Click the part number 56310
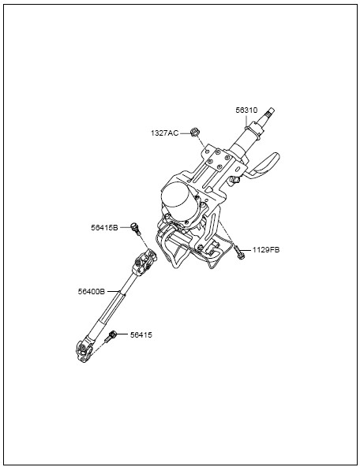click(246, 110)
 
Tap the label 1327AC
click(164, 133)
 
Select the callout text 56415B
click(104, 227)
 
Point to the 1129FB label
click(266, 250)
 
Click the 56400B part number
click(92, 292)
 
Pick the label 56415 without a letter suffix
click(141, 335)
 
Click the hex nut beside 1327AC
click(194, 132)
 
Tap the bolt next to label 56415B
click(136, 229)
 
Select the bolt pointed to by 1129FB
click(240, 252)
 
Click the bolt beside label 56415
click(110, 337)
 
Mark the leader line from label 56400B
click(113, 292)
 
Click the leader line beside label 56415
click(122, 334)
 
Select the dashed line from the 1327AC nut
click(201, 142)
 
